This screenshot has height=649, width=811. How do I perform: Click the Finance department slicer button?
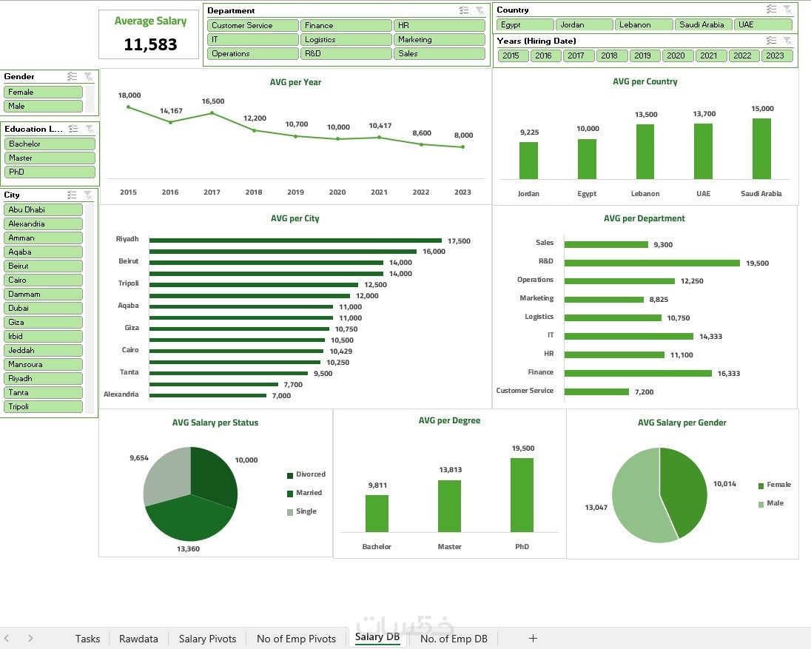pyautogui.click(x=346, y=25)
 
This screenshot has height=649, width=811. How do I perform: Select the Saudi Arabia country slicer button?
pyautogui.click(x=703, y=24)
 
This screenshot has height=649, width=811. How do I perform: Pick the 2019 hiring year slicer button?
pyautogui.click(x=642, y=56)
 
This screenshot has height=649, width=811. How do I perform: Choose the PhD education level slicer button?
pyautogui.click(x=50, y=172)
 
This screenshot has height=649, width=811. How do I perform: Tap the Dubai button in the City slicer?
pyautogui.click(x=43, y=308)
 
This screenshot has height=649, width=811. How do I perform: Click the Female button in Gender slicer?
pyautogui.click(x=43, y=92)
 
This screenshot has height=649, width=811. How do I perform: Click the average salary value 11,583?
pyautogui.click(x=150, y=44)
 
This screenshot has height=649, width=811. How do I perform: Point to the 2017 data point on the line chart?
pyautogui.click(x=212, y=113)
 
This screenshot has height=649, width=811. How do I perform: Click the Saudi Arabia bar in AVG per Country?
pyautogui.click(x=761, y=148)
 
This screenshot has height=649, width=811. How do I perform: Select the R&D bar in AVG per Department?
pyautogui.click(x=651, y=263)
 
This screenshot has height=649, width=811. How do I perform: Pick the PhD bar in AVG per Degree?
pyautogui.click(x=522, y=494)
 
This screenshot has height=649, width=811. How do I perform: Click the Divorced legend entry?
pyautogui.click(x=310, y=474)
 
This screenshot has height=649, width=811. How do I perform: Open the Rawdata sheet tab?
pyautogui.click(x=138, y=639)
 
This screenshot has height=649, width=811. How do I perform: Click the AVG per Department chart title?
pyautogui.click(x=644, y=218)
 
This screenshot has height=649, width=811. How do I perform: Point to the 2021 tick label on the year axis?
pyautogui.click(x=379, y=192)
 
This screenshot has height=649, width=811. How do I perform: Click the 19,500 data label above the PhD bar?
pyautogui.click(x=522, y=448)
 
